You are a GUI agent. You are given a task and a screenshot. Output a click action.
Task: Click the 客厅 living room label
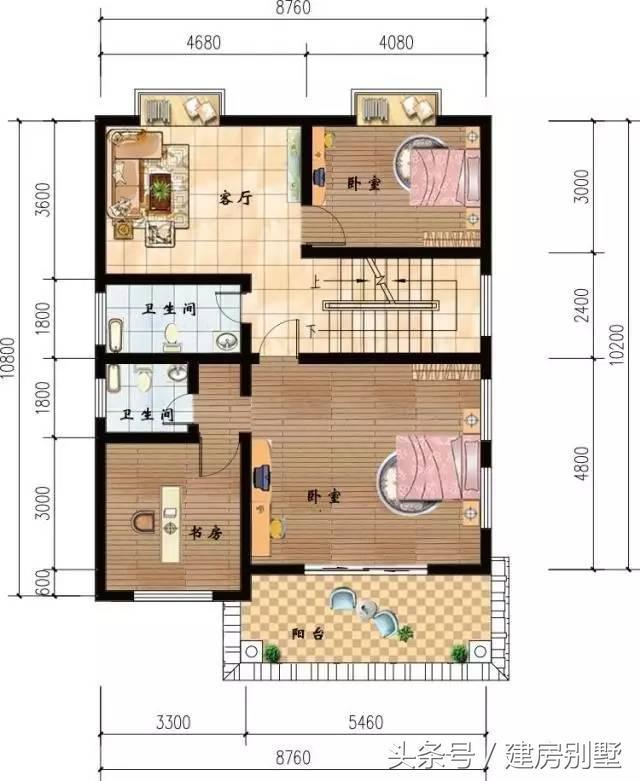236,198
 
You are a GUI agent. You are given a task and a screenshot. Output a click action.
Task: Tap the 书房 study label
205,533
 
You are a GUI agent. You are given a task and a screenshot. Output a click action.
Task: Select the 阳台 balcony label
308,634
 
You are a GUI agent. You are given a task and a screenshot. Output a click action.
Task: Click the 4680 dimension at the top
204,42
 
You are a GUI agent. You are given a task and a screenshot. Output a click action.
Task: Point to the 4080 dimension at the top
396,42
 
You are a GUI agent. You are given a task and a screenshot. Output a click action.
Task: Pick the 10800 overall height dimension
9,358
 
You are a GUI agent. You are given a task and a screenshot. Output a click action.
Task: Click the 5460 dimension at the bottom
366,722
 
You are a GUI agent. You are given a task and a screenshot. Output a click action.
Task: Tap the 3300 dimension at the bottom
173,722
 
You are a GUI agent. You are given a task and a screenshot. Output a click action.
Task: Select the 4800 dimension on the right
581,463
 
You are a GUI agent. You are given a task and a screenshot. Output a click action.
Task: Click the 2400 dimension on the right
581,305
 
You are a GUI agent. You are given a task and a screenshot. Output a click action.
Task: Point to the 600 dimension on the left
44,582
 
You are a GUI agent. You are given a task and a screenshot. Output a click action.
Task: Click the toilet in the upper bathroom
171,335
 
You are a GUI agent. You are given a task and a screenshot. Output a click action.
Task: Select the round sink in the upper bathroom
227,341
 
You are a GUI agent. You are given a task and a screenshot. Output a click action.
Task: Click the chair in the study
143,521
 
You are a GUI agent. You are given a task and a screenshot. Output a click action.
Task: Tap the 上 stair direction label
316,282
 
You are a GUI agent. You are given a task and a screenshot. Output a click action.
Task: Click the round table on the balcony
369,609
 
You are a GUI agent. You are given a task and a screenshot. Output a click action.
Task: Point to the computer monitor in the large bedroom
261,476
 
